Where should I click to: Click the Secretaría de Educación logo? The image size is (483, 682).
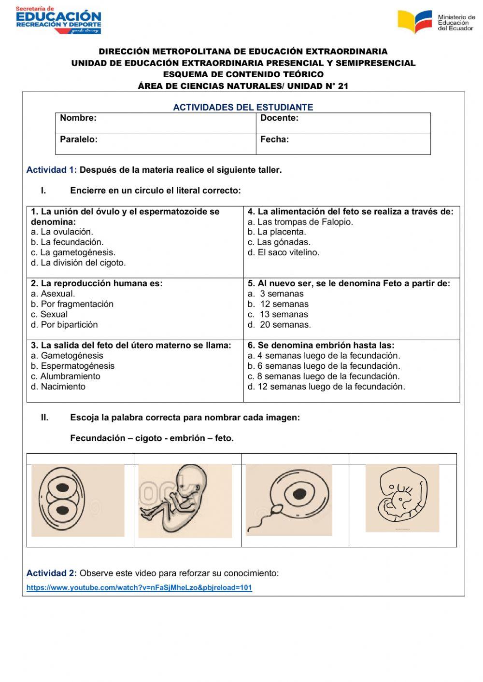tap(58, 20)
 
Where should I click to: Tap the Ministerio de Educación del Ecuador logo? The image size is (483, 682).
tap(436, 22)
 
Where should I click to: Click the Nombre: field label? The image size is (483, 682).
tap(78, 118)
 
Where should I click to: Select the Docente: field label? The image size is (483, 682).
tap(279, 118)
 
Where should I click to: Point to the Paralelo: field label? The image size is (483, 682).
tap(79, 139)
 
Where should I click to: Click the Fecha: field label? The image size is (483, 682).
tap(274, 139)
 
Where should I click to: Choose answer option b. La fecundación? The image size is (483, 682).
tap(67, 242)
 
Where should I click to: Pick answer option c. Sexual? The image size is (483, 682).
tap(49, 314)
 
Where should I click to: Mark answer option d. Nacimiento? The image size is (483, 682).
tap(58, 387)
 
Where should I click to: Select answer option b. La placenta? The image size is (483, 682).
tap(277, 232)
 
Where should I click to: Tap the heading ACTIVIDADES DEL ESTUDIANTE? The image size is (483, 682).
tap(243, 107)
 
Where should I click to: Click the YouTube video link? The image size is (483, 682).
tap(139, 588)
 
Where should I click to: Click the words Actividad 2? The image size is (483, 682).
tap(51, 573)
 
